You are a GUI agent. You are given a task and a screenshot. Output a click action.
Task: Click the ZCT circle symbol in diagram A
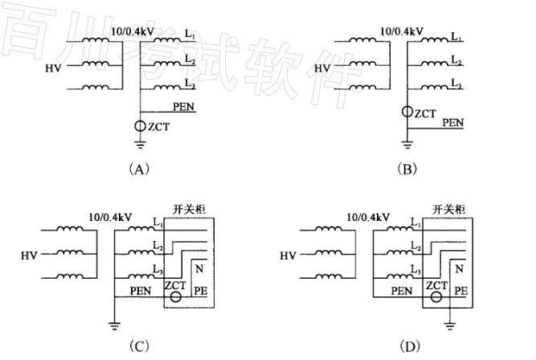(x=140, y=126)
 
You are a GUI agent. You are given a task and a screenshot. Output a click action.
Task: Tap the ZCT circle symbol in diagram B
(x=408, y=113)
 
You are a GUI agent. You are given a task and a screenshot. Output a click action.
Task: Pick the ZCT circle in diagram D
(x=436, y=297)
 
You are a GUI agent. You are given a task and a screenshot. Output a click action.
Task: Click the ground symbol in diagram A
(x=140, y=145)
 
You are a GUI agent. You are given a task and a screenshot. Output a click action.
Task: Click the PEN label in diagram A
(x=183, y=105)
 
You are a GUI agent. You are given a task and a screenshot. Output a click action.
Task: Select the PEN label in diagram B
(x=452, y=123)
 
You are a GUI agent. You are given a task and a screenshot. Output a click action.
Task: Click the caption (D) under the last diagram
(x=409, y=346)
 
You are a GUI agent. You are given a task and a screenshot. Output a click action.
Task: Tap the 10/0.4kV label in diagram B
(x=391, y=31)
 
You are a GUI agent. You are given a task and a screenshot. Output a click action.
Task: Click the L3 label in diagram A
(x=190, y=84)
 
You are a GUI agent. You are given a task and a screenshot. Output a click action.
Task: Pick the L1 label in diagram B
(x=456, y=36)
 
